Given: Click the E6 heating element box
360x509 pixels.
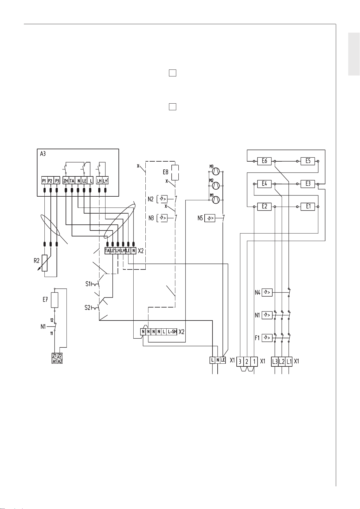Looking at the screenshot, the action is pos(264,161).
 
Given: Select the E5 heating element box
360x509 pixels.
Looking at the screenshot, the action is pos(308,161).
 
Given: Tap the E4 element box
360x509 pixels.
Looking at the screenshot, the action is pos(264,184).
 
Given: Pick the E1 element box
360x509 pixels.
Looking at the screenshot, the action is pos(308,207).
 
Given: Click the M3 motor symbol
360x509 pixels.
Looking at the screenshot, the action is pos(216,172).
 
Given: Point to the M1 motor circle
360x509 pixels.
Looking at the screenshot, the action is pos(216,200).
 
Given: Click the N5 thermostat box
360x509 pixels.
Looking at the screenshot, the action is pos(210,218).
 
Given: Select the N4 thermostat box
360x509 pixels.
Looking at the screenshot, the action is pos(267,292).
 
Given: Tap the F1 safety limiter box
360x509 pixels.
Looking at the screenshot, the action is pos(267,338).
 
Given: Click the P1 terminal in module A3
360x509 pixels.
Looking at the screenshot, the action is pos(44,181).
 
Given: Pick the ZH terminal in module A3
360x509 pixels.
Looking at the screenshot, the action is pos(66,181).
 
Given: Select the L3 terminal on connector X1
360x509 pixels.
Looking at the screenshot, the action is pos(275,362).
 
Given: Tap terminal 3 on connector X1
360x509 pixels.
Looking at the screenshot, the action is pos(240,361).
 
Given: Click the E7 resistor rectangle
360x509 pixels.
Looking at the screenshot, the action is pos(55,300).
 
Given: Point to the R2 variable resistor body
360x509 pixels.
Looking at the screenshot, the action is pos(44,263).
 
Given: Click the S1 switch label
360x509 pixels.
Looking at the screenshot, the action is pos(88,284).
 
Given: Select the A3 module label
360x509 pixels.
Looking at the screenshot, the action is pos(43,154).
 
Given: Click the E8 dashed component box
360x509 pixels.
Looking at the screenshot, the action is pos(175,172).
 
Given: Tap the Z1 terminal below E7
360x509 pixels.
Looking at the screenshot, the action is pos(54,356).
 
